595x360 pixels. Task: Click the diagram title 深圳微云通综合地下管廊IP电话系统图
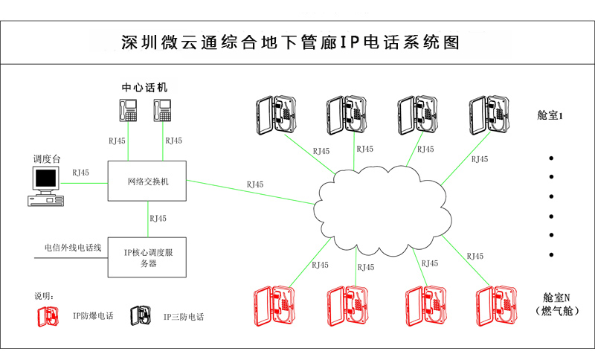click(290, 42)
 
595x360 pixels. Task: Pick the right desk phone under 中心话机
click(165, 110)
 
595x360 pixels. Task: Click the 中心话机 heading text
click(145, 87)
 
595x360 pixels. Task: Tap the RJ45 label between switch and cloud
click(254, 184)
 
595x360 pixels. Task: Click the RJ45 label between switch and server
click(158, 219)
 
